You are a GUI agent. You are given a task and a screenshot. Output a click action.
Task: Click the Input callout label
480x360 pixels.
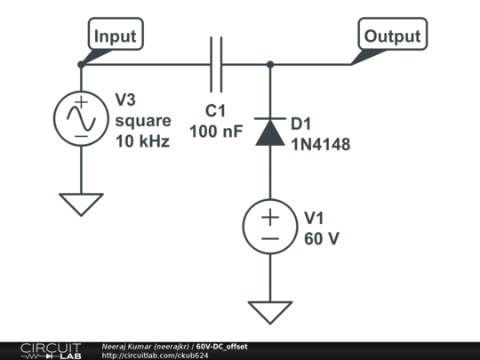tap(116, 36)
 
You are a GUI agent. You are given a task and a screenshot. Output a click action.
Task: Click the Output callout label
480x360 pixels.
tap(392, 36)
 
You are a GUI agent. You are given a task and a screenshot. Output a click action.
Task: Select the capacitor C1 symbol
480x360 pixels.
tap(215, 64)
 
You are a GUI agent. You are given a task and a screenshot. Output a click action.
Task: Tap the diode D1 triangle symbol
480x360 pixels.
tap(269, 132)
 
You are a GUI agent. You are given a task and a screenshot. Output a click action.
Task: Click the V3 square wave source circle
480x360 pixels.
tap(81, 118)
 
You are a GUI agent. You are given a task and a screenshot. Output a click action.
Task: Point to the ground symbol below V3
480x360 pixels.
tap(81, 204)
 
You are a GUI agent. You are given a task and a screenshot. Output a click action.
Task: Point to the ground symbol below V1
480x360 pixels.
tap(269, 312)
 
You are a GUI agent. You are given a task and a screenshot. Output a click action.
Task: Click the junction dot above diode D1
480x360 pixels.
tap(269, 64)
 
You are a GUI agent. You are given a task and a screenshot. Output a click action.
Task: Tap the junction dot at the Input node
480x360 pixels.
tap(81, 64)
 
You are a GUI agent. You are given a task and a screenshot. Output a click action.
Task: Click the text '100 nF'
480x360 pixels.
tap(215, 131)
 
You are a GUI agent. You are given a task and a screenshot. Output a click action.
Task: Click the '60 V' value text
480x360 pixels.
tap(322, 238)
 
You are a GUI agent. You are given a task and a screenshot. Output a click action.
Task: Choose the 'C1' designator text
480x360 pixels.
tap(216, 111)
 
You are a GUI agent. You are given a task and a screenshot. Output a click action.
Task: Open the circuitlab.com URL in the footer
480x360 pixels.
tap(155, 356)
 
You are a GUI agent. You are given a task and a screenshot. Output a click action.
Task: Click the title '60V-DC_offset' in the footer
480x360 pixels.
tap(222, 346)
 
